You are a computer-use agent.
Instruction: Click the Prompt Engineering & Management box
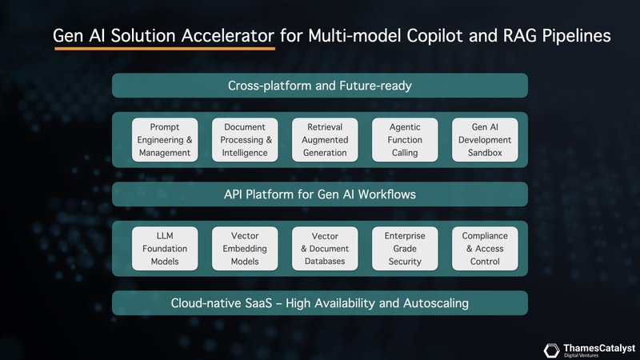click(x=165, y=140)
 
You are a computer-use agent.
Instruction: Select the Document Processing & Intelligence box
click(x=245, y=140)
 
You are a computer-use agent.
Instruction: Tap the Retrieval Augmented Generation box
click(x=325, y=140)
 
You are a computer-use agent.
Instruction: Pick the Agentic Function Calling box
click(x=405, y=140)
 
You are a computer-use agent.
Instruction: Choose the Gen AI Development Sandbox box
click(x=485, y=140)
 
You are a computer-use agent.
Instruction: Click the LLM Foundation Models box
click(x=165, y=249)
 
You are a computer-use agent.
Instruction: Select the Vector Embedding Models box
click(x=245, y=249)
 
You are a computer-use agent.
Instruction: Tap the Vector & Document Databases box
click(x=325, y=249)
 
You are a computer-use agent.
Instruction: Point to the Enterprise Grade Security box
click(x=405, y=249)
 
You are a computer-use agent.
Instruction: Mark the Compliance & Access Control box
click(x=485, y=249)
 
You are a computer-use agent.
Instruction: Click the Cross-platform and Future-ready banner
click(x=320, y=86)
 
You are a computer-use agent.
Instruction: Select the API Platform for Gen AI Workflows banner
click(x=320, y=194)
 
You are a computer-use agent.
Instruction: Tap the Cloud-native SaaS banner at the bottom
click(x=320, y=303)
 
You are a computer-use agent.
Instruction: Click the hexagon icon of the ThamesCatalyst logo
click(x=551, y=350)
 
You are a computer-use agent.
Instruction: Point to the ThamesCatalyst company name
click(x=599, y=347)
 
